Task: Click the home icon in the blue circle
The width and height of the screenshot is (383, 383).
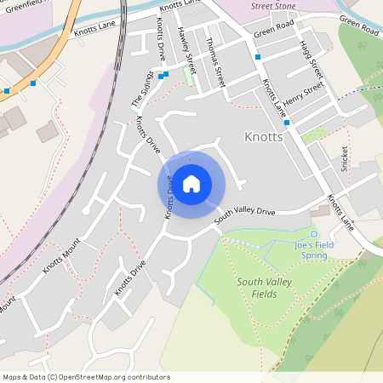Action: click(191, 183)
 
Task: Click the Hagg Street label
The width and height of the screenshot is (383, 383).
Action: click(314, 60)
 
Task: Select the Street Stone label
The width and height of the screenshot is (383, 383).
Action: click(273, 6)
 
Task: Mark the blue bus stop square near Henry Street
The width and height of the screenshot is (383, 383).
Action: click(287, 123)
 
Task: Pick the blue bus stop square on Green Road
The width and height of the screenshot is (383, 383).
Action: click(257, 56)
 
